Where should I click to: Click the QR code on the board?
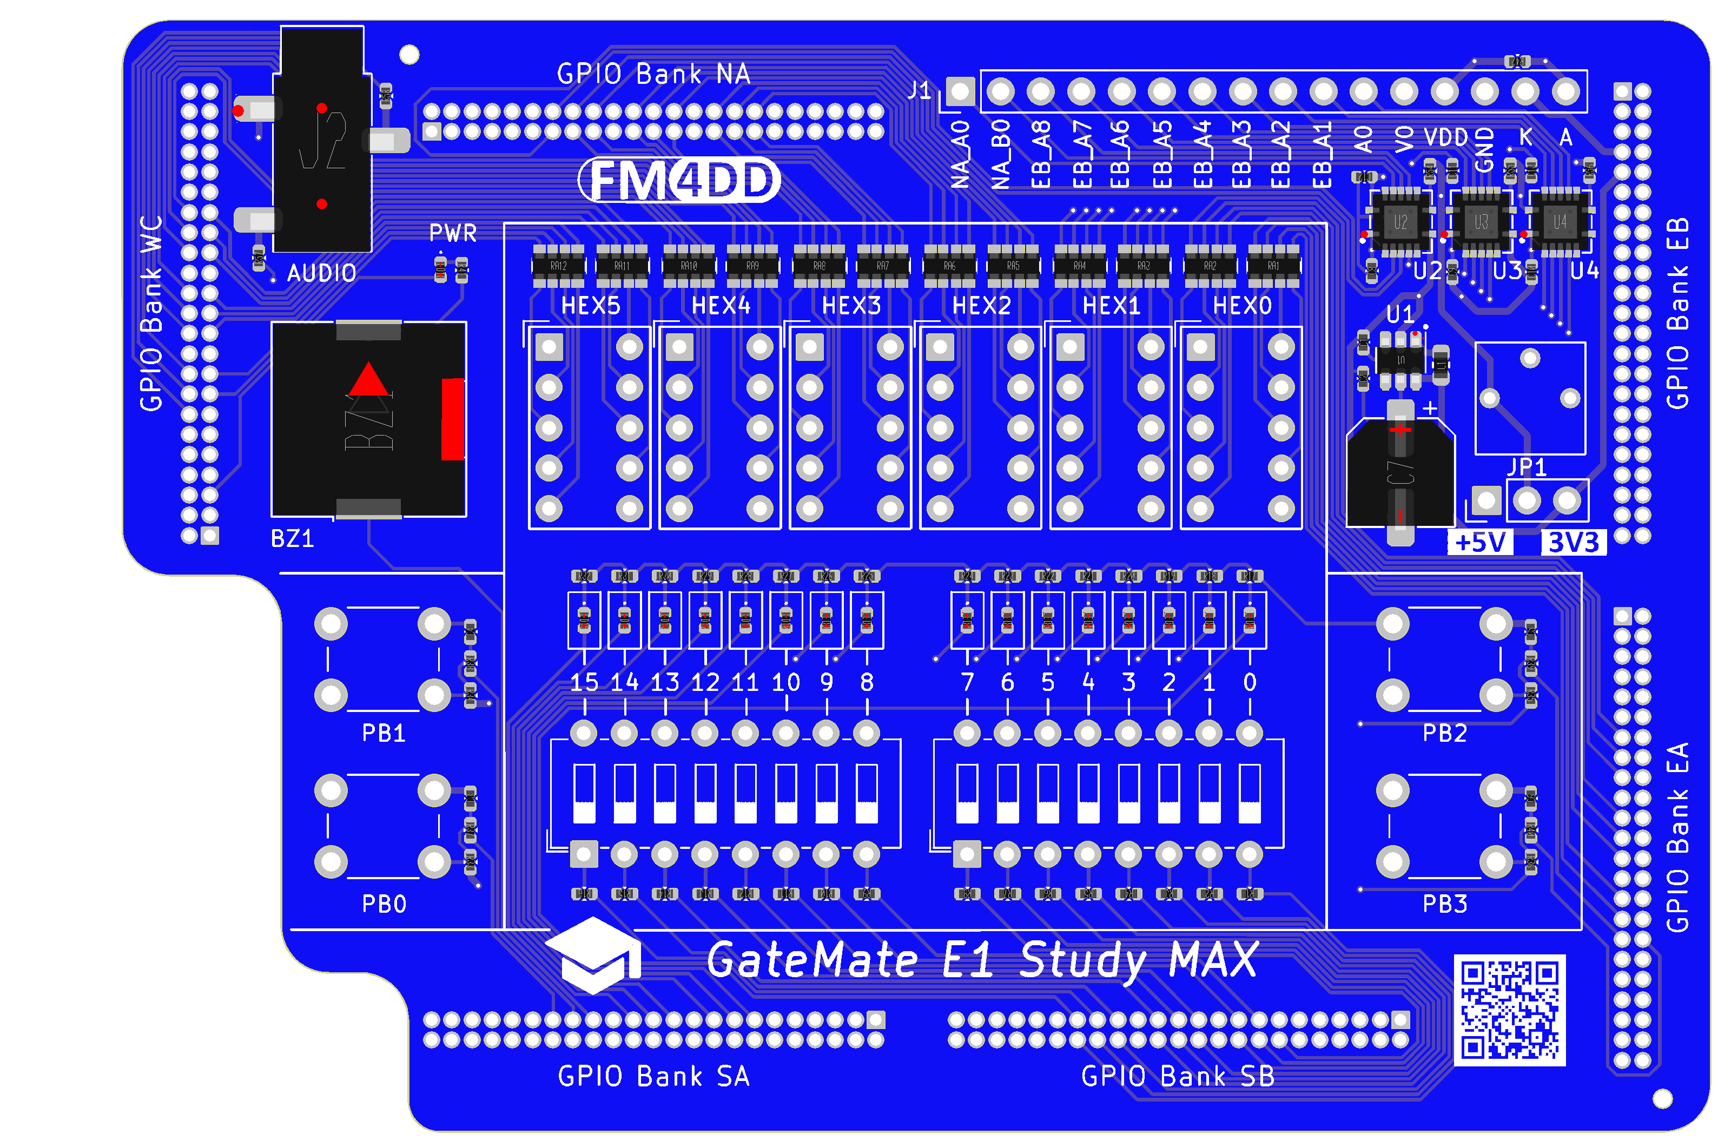coord(1509,1010)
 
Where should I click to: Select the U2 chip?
coord(1400,222)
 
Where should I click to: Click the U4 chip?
coord(1560,222)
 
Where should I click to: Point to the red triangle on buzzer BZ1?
coord(368,380)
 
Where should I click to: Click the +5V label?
coord(1480,543)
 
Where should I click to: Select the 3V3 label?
coord(1573,543)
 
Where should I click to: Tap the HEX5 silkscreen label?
coord(590,306)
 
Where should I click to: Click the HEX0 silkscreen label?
coord(1242,306)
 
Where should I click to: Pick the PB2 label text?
coord(1444,733)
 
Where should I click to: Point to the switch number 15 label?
coord(584,682)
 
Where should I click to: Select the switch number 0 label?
coord(1250,682)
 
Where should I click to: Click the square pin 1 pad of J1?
coord(960,92)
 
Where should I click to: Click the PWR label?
coord(453,233)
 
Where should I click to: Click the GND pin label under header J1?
coord(1484,150)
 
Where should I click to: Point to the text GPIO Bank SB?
coord(1178,1077)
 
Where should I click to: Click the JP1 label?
coord(1528,467)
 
